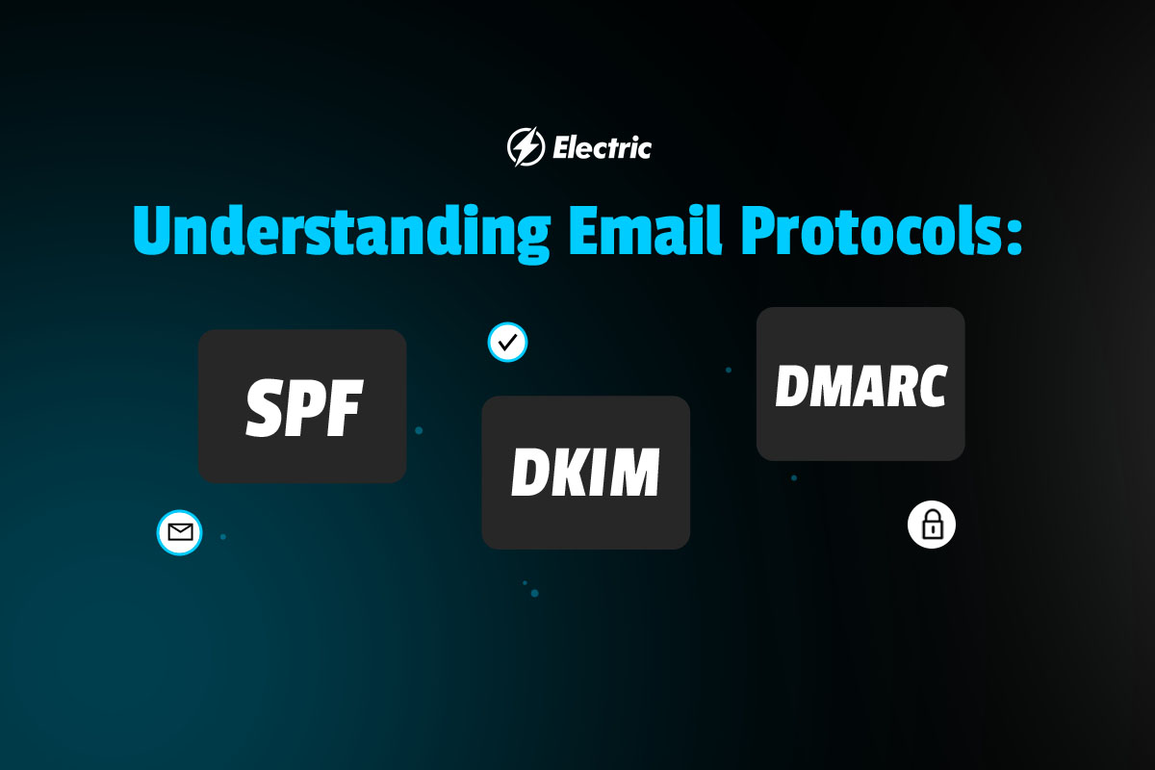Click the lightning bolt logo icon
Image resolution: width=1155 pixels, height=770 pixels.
pos(526,147)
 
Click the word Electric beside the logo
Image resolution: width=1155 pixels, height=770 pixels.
pos(602,148)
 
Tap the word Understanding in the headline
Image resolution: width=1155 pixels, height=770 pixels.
pos(342,233)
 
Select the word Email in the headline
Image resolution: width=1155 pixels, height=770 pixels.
pos(645,230)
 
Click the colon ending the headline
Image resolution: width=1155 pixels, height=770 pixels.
pos(1014,235)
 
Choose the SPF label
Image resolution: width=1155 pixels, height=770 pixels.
pos(305,407)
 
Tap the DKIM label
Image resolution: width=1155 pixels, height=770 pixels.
pos(585,472)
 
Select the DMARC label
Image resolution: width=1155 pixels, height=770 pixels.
pos(861,386)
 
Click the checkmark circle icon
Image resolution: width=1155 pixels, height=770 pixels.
pos(507,342)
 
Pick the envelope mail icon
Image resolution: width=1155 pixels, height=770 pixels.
pos(179,532)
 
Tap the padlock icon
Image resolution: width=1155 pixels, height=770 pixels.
pos(932,525)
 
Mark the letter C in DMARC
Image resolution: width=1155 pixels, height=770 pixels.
pos(930,386)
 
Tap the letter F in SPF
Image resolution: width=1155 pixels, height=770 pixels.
pos(346,407)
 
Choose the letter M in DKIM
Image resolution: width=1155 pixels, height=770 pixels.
pos(634,472)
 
